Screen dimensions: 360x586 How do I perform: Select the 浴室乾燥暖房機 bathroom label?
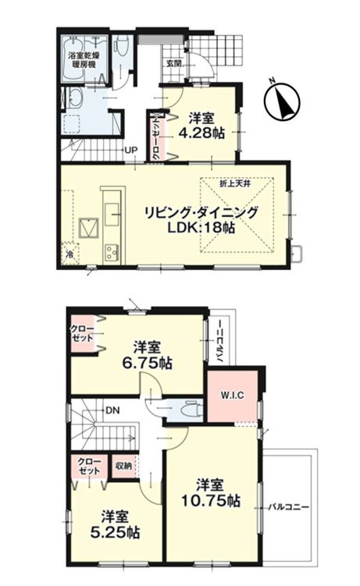84,60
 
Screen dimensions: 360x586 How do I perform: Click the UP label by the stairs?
131,151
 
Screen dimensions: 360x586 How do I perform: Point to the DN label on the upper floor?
112,410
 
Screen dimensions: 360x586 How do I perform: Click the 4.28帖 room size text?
201,133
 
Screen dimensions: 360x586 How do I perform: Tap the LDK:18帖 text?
201,228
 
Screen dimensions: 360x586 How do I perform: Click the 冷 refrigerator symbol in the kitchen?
70,254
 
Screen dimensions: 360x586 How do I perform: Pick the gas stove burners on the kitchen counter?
112,252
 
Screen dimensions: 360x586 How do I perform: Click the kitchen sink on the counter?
112,215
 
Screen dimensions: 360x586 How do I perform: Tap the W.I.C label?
232,396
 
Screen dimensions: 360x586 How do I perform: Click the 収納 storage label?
123,466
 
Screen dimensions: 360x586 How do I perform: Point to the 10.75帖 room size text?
211,501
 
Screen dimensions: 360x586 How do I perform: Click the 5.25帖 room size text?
116,532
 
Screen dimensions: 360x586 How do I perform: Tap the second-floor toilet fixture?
190,410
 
